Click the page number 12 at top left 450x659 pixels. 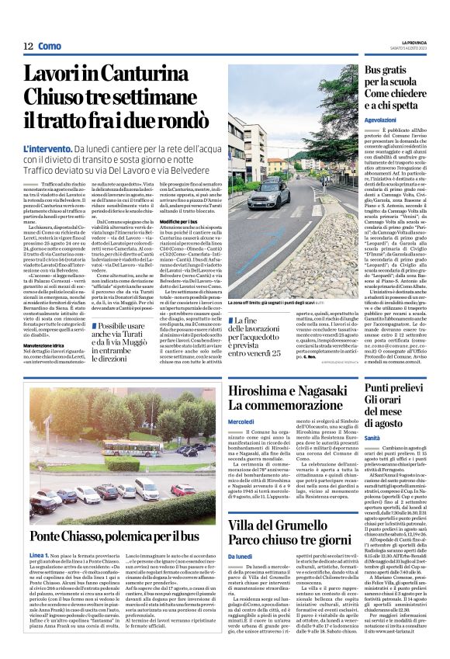[x=27, y=47]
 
